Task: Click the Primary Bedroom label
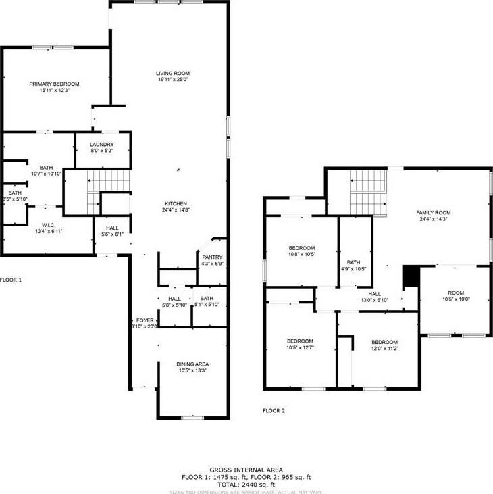pos(54,84)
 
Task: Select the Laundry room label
pos(102,144)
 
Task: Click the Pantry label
pos(209,257)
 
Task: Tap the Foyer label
pos(145,321)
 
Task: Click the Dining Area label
pos(192,364)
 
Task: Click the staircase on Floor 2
pos(366,191)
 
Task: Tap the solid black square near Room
pos(411,276)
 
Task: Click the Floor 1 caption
pos(10,279)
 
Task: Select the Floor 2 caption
pos(274,410)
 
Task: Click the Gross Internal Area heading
pos(246,470)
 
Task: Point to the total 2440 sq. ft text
pos(246,484)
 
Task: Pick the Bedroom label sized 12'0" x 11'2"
pos(384,342)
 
